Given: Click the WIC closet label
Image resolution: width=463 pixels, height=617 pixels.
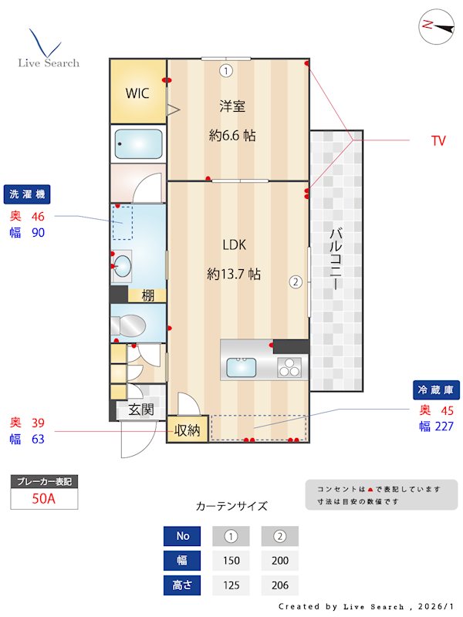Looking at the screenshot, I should click(x=137, y=93).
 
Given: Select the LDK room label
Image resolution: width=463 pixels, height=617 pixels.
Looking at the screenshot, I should click(x=234, y=244).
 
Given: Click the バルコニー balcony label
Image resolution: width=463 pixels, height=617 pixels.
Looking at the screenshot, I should click(x=336, y=258).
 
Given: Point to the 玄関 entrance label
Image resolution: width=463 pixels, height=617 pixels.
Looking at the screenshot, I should click(x=140, y=410).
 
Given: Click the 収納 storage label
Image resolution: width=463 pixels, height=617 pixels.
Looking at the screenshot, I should click(x=188, y=430).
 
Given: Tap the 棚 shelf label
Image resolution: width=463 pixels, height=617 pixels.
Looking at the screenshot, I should click(x=147, y=294).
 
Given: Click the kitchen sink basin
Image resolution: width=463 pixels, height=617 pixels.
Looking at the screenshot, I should click(x=242, y=367).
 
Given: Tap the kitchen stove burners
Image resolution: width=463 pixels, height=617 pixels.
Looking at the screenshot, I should click(x=290, y=367).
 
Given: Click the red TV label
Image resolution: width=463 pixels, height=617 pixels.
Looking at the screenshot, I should click(x=438, y=141).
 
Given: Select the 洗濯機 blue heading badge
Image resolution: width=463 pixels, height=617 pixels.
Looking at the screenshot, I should click(x=27, y=194).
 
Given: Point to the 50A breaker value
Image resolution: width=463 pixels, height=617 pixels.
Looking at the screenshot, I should click(x=44, y=498).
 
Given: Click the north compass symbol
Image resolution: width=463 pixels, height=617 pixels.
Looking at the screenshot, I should click(x=437, y=25).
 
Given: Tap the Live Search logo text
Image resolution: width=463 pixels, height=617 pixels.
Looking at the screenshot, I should click(x=49, y=62).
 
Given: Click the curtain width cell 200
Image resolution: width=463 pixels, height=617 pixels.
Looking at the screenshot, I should click(x=279, y=561).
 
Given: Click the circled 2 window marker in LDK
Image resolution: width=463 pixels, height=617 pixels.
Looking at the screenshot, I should click(x=295, y=282).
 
